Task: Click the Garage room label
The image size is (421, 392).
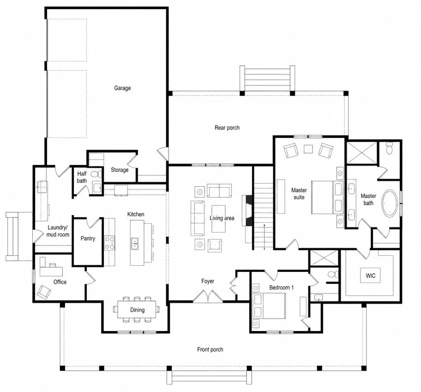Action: tap(122, 88)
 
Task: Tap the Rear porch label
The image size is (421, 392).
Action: tap(227, 128)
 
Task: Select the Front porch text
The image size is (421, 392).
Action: tap(210, 349)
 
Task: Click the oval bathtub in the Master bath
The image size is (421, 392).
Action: tap(390, 203)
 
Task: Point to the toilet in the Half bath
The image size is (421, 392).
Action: tap(96, 174)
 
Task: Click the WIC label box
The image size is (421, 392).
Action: tap(371, 276)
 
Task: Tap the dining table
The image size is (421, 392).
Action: tap(137, 309)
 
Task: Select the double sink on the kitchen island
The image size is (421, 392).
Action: tap(134, 244)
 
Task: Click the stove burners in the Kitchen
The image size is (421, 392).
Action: tap(109, 243)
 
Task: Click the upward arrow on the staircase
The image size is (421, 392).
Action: tap(265, 237)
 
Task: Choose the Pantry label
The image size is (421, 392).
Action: tap(88, 239)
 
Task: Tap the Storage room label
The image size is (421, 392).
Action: tap(120, 170)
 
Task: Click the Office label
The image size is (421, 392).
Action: tap(60, 282)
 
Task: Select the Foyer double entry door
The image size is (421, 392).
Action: tap(208, 296)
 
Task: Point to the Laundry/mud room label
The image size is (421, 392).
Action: tap(58, 231)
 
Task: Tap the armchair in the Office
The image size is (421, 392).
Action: tap(44, 292)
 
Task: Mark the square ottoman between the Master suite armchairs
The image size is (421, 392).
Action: tap(308, 149)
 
